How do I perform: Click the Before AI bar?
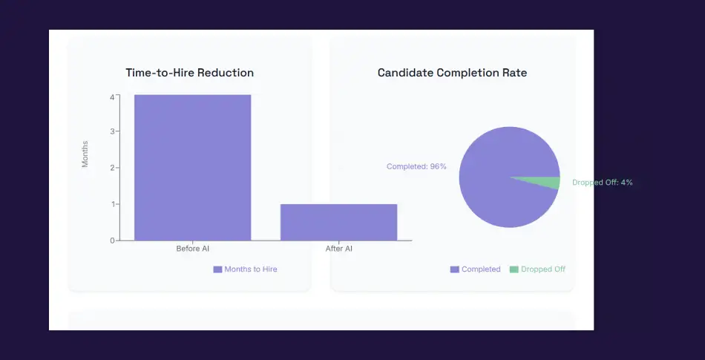point(192,167)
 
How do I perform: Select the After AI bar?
point(338,222)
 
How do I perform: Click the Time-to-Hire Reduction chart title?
point(190,73)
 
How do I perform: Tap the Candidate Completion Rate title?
point(452,73)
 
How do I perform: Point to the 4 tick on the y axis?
point(112,96)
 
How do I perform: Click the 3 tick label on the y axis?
point(112,131)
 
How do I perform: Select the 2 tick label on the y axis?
point(112,168)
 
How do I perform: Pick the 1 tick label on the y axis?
point(112,204)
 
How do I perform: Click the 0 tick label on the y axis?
point(112,240)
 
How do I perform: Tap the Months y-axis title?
point(85,154)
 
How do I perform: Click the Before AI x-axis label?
point(192,249)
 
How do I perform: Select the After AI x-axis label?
point(338,249)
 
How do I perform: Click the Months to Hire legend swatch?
point(217,269)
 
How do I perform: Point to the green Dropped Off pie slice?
point(548,183)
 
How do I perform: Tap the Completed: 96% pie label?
point(416,167)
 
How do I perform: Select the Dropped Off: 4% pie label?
point(602,183)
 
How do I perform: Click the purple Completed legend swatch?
point(454,269)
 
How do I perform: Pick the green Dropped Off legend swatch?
point(514,269)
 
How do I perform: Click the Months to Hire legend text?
point(251,269)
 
